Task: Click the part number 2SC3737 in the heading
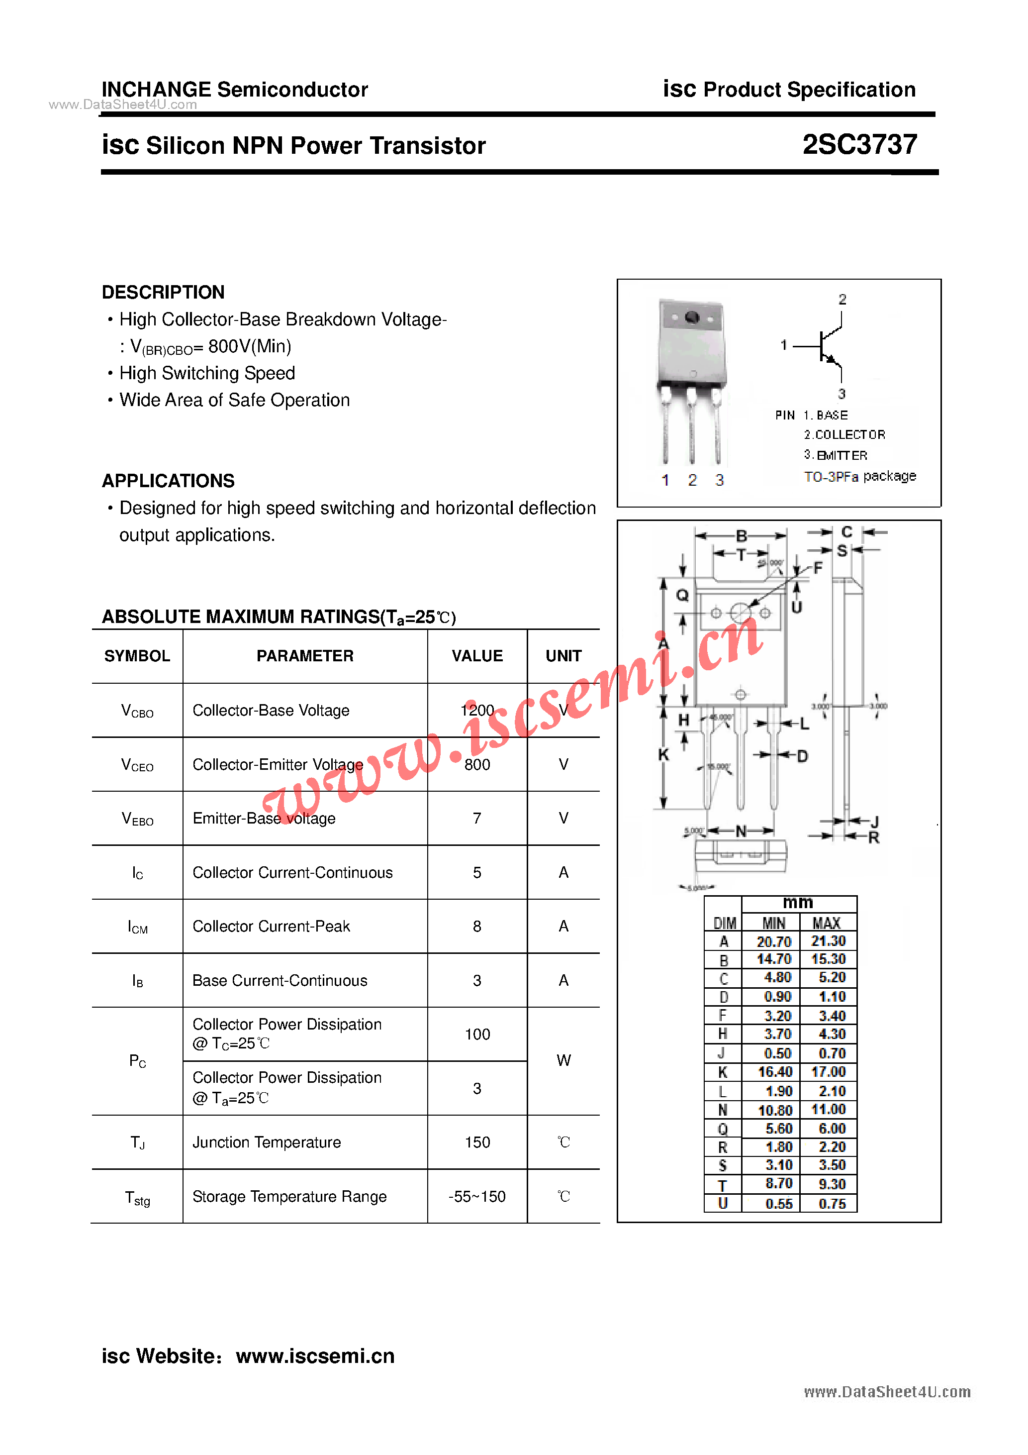tap(859, 144)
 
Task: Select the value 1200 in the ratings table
tap(477, 710)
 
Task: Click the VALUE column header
tap(477, 656)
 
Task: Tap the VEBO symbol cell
tap(137, 818)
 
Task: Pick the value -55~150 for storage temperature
tap(477, 1196)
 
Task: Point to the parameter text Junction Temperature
tap(266, 1142)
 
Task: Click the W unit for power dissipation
tap(563, 1060)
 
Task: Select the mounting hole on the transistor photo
tap(692, 317)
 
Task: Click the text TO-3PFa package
tap(859, 476)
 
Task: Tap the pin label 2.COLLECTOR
tap(844, 435)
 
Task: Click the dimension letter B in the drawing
tap(741, 535)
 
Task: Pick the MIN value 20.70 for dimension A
tap(773, 941)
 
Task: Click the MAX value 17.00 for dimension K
tap(828, 1072)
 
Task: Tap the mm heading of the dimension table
tap(797, 902)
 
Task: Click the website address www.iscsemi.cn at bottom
tap(315, 1355)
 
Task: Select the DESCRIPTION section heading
tap(163, 292)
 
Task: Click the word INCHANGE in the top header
tap(156, 90)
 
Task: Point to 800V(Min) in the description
tap(250, 346)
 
